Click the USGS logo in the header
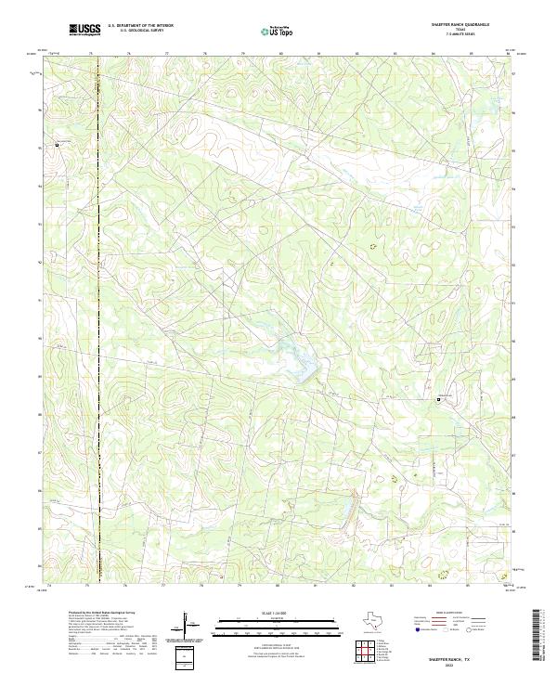pos(85,30)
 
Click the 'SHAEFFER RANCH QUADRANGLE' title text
pos(459,25)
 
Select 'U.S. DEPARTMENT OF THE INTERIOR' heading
pos(140,26)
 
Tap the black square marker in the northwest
pos(57,144)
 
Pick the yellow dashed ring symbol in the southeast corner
pos(443,575)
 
